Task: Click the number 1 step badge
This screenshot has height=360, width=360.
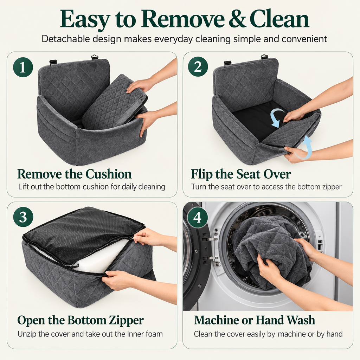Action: point(23,67)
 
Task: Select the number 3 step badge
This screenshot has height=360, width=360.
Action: point(23,217)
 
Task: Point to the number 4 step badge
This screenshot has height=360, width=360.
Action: point(198,217)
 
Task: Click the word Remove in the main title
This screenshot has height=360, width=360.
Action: point(182,19)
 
